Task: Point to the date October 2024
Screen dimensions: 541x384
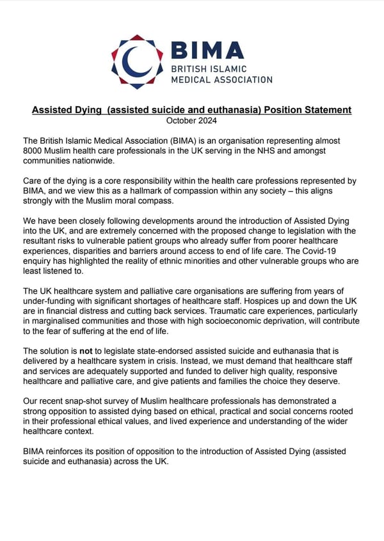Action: coord(191,120)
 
